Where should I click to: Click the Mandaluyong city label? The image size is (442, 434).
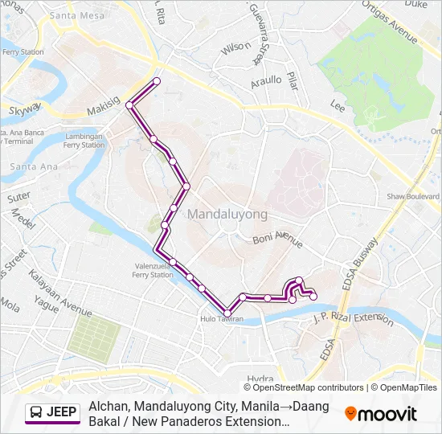tap(227, 215)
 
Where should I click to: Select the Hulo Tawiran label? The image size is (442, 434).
tap(221, 318)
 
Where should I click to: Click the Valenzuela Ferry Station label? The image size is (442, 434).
tap(152, 270)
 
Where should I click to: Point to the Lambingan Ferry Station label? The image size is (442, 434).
tap(84, 141)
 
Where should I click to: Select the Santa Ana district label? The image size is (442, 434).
tap(30, 166)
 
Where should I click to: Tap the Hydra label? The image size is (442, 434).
tap(261, 379)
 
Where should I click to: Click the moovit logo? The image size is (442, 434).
tap(381, 413)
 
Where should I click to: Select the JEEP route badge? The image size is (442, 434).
tap(53, 413)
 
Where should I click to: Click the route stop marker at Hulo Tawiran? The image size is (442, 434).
tap(227, 313)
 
